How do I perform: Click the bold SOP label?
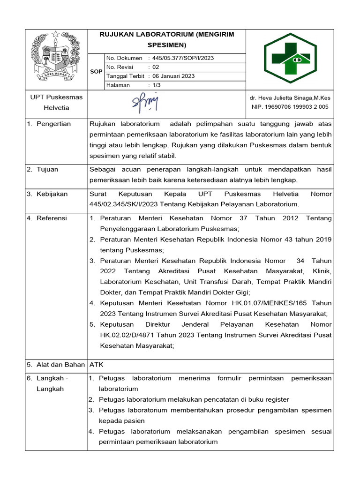96,72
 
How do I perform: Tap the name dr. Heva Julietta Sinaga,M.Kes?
290,97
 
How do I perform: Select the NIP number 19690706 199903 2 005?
290,107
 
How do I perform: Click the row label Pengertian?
53,124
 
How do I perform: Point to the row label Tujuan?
47,169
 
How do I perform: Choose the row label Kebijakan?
52,194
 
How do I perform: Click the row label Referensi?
52,218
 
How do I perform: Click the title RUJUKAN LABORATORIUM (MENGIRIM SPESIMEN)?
166,40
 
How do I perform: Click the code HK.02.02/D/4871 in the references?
126,335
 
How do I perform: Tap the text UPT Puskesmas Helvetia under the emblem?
56,102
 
